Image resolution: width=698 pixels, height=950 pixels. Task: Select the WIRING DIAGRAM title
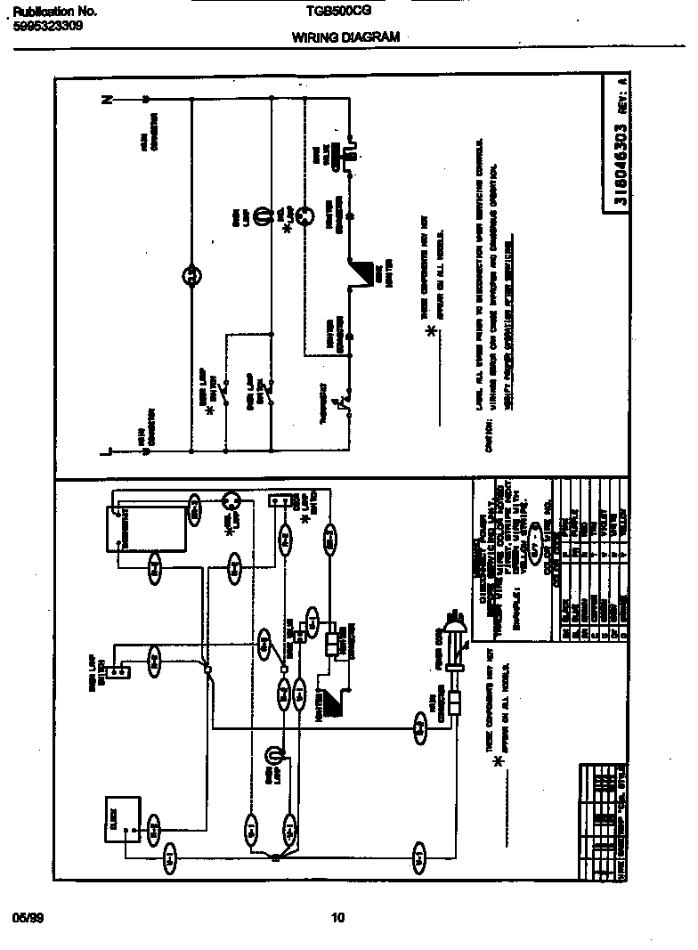coord(345,37)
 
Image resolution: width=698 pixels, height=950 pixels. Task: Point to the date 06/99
coord(28,917)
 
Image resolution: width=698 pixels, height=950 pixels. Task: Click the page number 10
coord(337,918)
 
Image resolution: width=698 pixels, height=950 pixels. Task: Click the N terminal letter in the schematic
coord(109,100)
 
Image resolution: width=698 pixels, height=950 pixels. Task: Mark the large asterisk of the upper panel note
coord(432,332)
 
